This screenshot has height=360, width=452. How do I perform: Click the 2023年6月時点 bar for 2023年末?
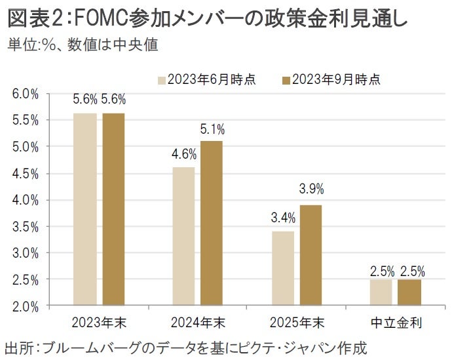click(x=85, y=209)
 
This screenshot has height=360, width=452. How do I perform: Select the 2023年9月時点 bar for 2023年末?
click(x=113, y=209)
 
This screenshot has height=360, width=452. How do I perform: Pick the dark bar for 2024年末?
click(x=211, y=223)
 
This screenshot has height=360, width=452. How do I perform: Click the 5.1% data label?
click(x=212, y=129)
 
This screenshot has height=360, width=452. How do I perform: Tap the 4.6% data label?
click(x=183, y=155)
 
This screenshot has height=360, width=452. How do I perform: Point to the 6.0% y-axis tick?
click(x=26, y=94)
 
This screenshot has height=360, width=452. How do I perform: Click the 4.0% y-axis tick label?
click(x=26, y=200)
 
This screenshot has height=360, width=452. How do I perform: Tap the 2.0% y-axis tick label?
click(x=26, y=306)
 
